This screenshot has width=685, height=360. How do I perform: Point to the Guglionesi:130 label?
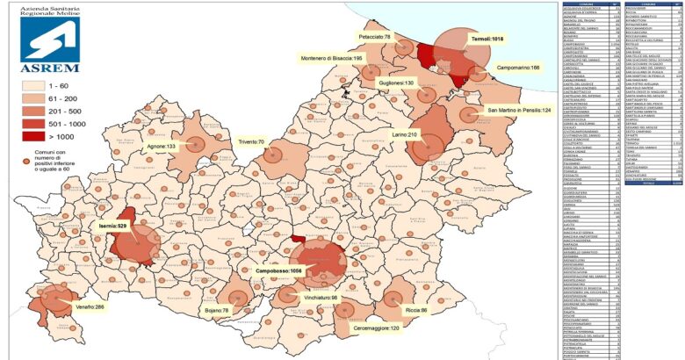[x=396, y=83]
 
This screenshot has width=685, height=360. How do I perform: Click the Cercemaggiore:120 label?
[x=370, y=328]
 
